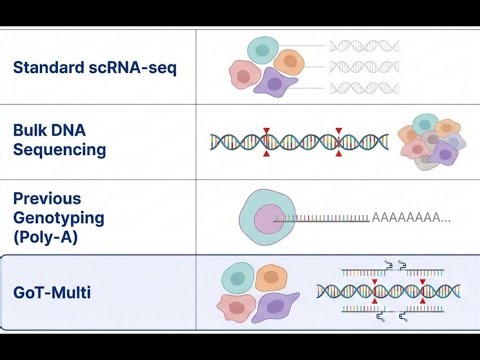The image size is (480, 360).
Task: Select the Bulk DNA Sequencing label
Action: [60, 140]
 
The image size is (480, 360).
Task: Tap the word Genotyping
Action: [57, 217]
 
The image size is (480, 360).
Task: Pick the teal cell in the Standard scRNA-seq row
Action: [263, 50]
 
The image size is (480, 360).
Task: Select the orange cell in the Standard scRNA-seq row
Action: [290, 62]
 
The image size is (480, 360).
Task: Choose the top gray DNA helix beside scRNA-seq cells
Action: [365, 45]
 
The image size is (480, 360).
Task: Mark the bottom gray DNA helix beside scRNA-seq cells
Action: [365, 88]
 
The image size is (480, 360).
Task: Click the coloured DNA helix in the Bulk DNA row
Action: [300, 142]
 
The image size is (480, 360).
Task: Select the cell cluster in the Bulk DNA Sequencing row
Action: [431, 141]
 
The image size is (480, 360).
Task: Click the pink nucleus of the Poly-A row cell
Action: [270, 218]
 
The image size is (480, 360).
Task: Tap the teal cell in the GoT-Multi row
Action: [237, 278]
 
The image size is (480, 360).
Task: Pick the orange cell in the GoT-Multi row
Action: [268, 277]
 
